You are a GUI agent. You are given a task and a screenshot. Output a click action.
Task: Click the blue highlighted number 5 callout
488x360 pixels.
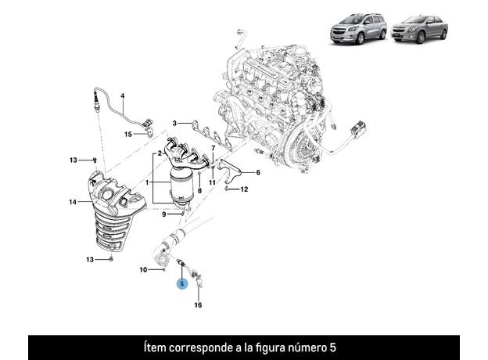pos(181,284)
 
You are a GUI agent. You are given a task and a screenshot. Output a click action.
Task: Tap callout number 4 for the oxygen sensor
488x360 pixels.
pos(123,96)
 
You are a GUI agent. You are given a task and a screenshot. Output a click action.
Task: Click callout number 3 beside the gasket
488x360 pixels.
pos(174,124)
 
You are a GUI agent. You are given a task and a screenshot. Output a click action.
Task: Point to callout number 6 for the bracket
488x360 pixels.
pos(258,172)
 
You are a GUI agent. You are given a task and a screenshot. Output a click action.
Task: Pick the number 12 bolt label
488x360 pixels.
pos(244,189)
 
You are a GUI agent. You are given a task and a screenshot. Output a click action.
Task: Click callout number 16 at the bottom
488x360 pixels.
pos(199,305)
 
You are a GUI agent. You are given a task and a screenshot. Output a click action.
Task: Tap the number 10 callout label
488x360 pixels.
pos(143,269)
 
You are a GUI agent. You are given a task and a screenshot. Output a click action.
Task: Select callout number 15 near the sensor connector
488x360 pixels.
pos(128,135)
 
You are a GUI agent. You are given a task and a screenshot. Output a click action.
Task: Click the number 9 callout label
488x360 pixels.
pos(164,214)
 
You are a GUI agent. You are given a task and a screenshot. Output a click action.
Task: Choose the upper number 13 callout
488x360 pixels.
pos(74,160)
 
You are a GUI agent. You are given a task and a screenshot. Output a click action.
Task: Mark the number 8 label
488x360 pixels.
pos(199,191)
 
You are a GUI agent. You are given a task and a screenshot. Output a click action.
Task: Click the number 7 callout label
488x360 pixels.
pos(213,148)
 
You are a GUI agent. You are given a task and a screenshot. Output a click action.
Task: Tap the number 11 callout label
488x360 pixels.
pos(212,182)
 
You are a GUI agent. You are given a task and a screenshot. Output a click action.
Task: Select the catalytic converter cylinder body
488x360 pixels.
pos(182,185)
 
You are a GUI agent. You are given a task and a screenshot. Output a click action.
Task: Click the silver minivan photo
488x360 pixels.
pos(358,28)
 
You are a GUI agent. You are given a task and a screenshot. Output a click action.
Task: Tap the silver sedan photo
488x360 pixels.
pos(419,29)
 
